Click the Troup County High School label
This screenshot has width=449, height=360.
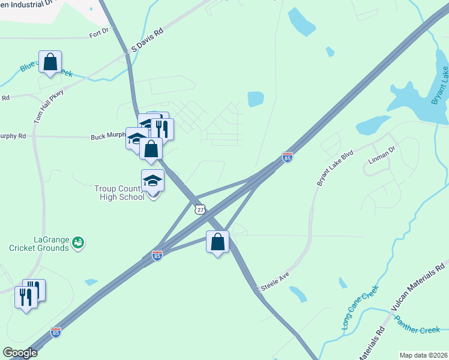[119, 193]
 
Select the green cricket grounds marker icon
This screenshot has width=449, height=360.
[77, 242]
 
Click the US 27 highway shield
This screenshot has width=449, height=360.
[200, 209]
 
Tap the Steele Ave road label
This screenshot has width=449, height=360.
[274, 280]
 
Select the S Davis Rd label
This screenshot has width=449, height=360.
[147, 40]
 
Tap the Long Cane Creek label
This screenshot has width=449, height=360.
[360, 307]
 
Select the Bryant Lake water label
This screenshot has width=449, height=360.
[440, 86]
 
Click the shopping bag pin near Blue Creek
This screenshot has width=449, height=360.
[50, 62]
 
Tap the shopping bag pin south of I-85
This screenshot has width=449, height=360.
[217, 242]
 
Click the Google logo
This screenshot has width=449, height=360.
[20, 353]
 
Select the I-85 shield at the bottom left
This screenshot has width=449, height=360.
[56, 332]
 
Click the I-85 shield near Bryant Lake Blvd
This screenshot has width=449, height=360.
[288, 157]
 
